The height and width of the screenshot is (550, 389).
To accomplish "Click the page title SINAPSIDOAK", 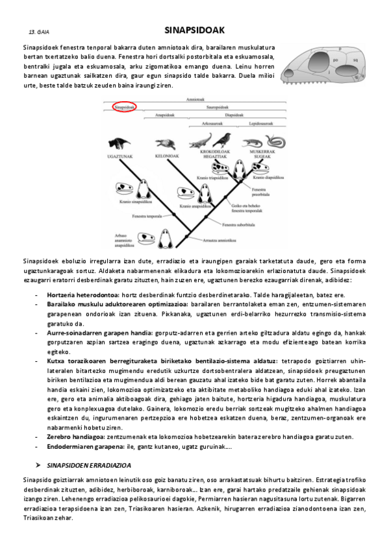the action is click(x=194, y=30).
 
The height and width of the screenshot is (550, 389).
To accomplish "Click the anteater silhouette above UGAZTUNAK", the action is click(x=118, y=143).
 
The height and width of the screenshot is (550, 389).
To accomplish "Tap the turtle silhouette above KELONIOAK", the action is click(x=166, y=144).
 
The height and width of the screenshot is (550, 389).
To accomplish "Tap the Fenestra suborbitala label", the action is click(x=237, y=225).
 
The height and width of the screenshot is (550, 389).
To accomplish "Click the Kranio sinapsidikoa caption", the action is click(x=133, y=202).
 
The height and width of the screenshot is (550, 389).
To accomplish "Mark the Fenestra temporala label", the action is click(x=147, y=216).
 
